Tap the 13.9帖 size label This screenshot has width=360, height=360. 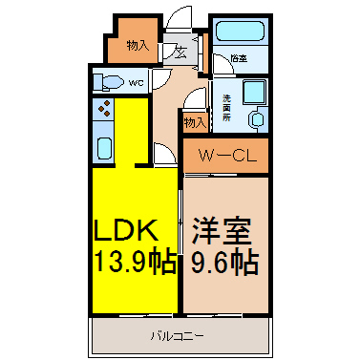133,259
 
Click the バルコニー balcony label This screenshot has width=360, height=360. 177,334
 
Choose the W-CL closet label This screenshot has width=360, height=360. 225,155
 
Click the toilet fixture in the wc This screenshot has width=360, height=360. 108,83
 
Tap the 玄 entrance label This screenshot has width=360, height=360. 179,53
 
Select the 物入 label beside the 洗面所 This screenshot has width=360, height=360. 194,122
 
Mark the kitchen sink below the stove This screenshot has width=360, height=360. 104,147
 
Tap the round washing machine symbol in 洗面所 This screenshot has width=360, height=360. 256,120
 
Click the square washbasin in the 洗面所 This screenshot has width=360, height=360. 254,93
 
